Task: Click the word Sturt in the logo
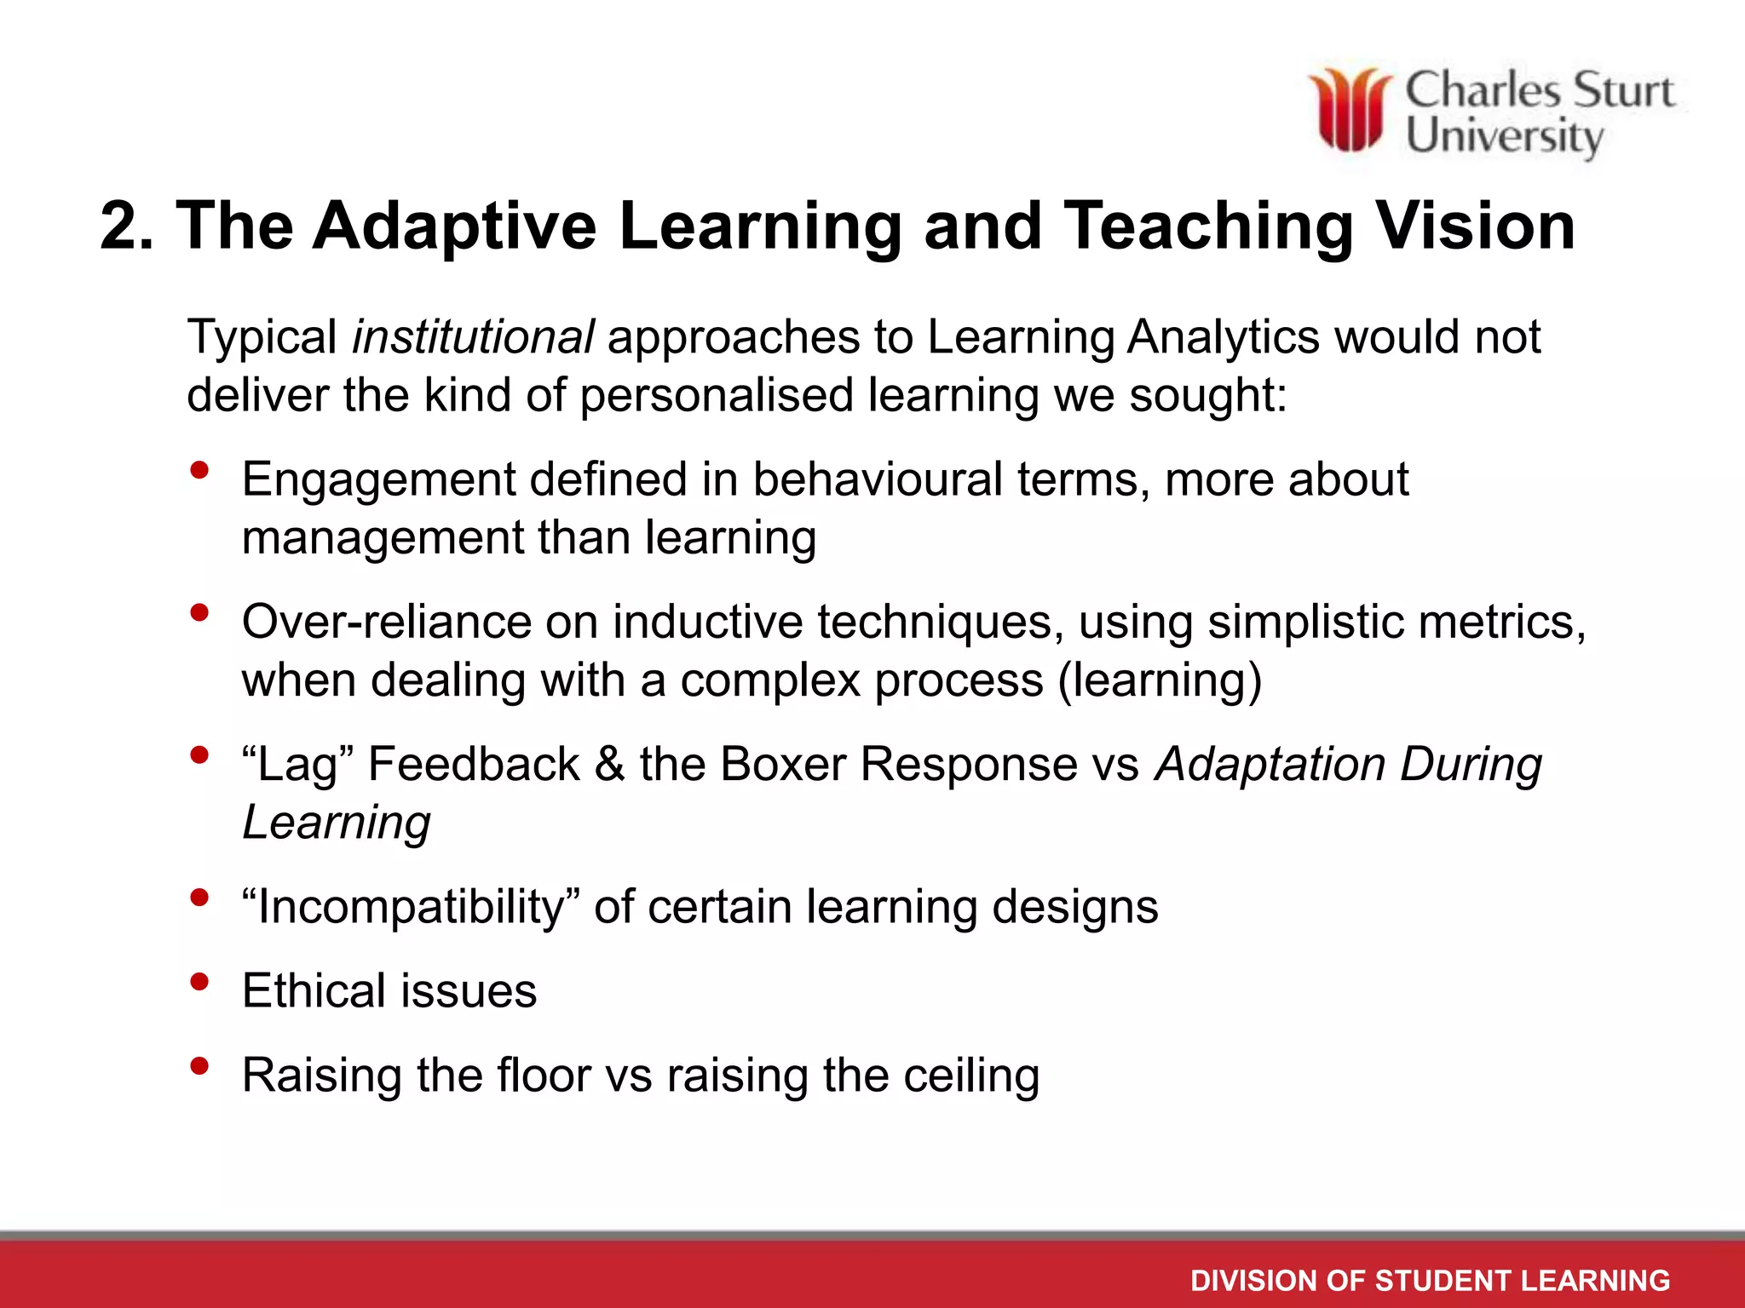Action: (x=1622, y=90)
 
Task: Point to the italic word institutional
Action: (x=473, y=337)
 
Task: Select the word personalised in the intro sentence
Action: (x=716, y=396)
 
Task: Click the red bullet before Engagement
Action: (x=200, y=470)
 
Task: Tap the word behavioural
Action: (x=877, y=479)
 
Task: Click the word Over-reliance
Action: (x=386, y=622)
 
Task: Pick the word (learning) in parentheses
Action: (x=1159, y=680)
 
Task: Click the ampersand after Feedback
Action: (x=609, y=764)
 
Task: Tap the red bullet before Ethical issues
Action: (x=200, y=982)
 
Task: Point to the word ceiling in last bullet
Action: (x=971, y=1075)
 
